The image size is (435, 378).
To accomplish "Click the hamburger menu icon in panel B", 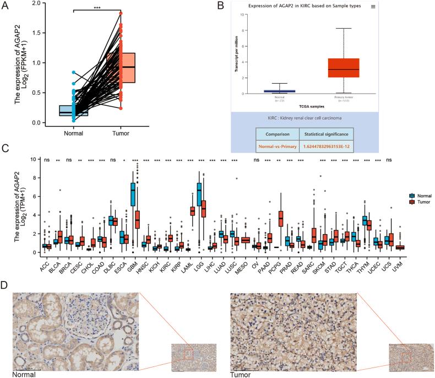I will point(373,7).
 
